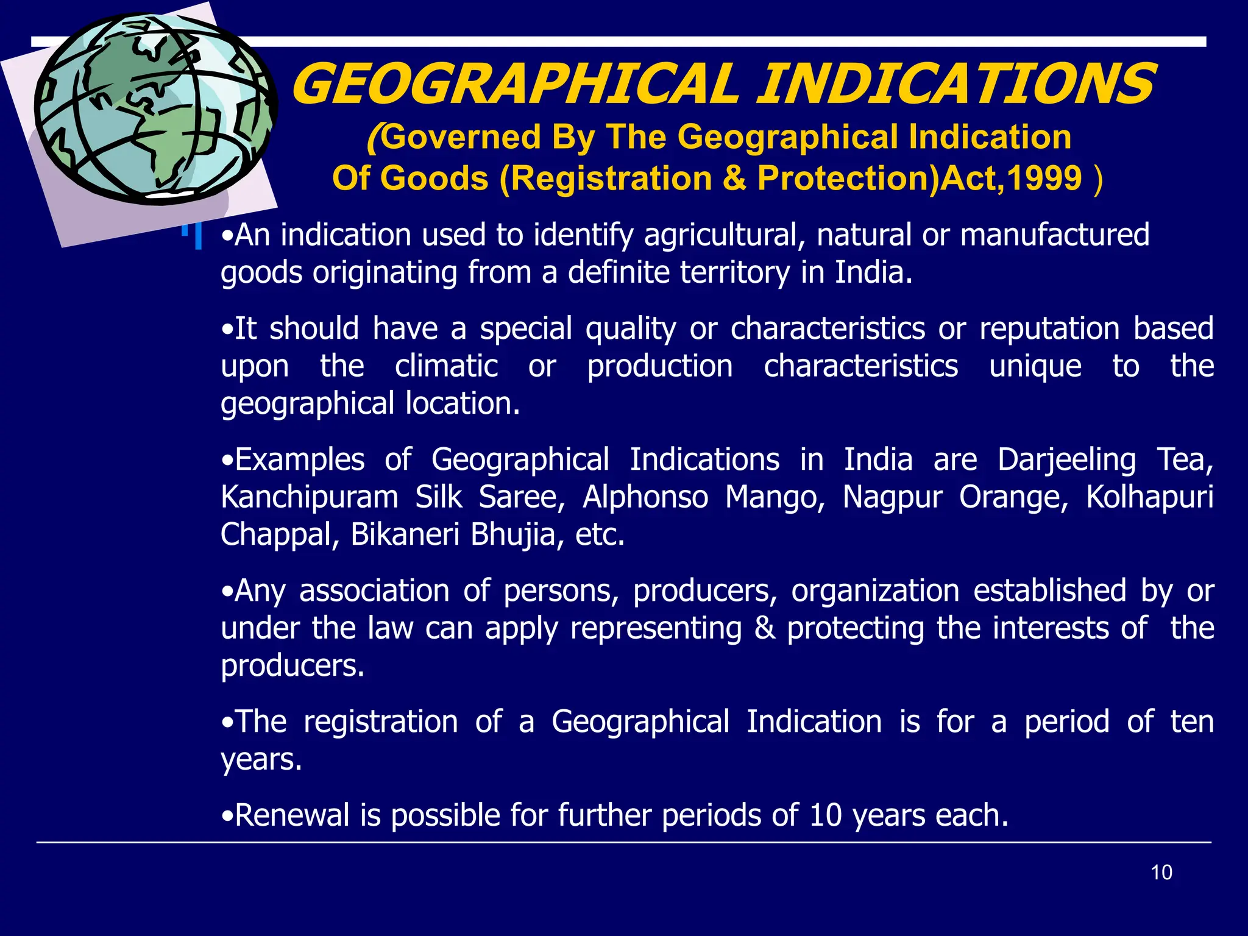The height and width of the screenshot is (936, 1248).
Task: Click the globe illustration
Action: [155, 108]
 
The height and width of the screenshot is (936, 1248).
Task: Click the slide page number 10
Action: [1161, 873]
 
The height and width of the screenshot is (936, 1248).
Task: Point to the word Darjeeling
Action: [1066, 460]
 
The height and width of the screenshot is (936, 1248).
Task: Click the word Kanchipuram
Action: [309, 498]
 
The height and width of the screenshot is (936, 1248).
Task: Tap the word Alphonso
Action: [645, 498]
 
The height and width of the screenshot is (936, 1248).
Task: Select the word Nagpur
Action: [892, 498]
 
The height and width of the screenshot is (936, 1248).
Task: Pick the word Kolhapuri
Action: [1149, 498]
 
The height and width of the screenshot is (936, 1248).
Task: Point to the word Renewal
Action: [292, 815]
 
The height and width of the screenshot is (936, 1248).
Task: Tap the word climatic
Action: [446, 367]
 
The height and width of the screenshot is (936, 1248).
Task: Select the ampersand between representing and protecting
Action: [764, 629]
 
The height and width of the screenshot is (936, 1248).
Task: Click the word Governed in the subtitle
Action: [461, 137]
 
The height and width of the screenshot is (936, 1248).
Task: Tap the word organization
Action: [875, 591]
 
